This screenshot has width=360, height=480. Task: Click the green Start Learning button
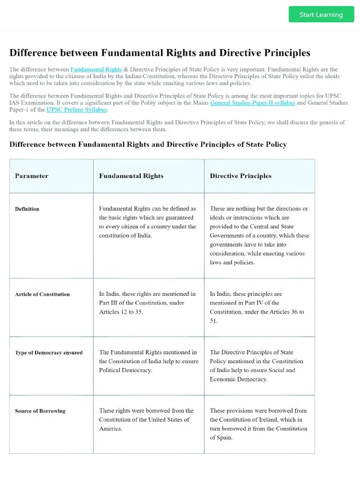[321, 15]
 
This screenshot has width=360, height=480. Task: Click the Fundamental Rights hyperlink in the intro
[96, 69]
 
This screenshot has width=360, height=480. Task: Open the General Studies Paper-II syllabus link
[252, 103]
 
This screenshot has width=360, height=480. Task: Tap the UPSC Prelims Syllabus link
[77, 110]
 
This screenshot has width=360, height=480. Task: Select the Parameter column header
[31, 176]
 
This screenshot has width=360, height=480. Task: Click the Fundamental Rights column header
[131, 176]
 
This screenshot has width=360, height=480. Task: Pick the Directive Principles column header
[240, 176]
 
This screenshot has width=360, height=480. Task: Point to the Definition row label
[27, 209]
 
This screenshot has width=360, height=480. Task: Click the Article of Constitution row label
[42, 294]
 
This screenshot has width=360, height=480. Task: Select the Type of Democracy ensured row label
[49, 352]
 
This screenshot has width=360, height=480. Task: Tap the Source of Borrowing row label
[40, 411]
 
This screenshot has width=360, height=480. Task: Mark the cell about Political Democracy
[148, 361]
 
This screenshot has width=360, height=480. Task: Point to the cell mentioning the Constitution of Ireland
[258, 424]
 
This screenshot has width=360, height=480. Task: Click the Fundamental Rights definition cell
[148, 222]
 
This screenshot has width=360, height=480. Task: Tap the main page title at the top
[160, 52]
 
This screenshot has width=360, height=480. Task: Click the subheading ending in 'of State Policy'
[148, 144]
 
